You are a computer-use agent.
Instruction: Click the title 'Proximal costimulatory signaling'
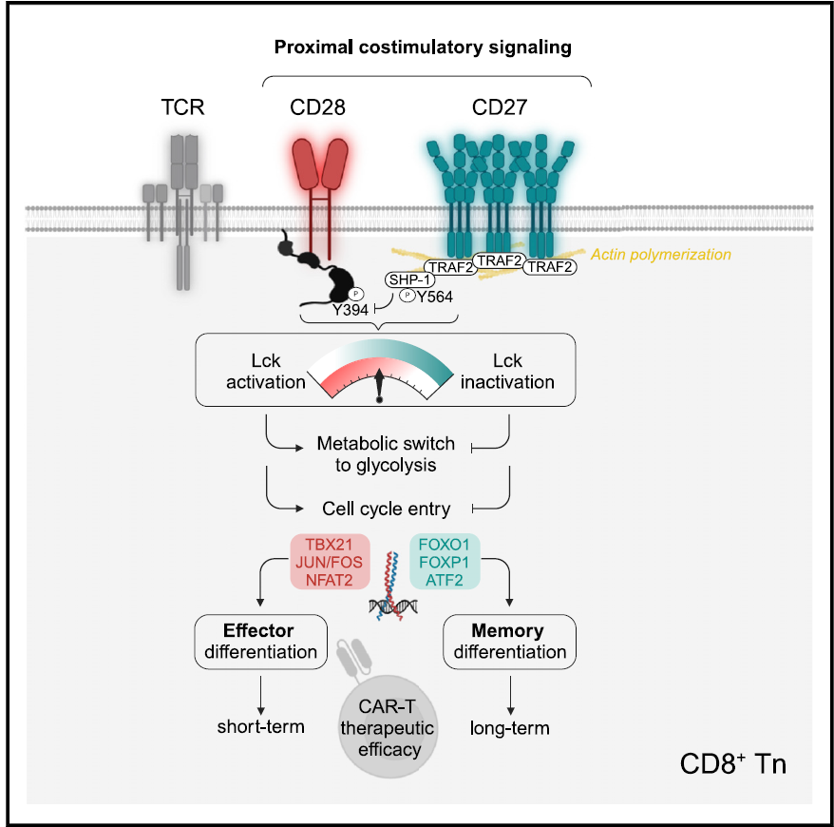click(x=427, y=46)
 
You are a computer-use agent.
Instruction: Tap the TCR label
click(x=182, y=107)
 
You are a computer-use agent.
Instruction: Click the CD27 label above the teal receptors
click(x=500, y=107)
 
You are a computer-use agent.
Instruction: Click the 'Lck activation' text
click(x=266, y=372)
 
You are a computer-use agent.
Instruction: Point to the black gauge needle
click(x=380, y=384)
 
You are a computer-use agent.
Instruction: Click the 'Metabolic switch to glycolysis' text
click(x=386, y=454)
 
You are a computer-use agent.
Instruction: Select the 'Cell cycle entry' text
click(x=386, y=510)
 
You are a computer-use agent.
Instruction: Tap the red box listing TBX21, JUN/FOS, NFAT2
click(x=327, y=562)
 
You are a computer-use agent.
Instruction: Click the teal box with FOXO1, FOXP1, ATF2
click(x=445, y=562)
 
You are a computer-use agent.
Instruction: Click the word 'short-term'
click(x=260, y=727)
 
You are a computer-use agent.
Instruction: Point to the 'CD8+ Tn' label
click(x=733, y=763)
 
